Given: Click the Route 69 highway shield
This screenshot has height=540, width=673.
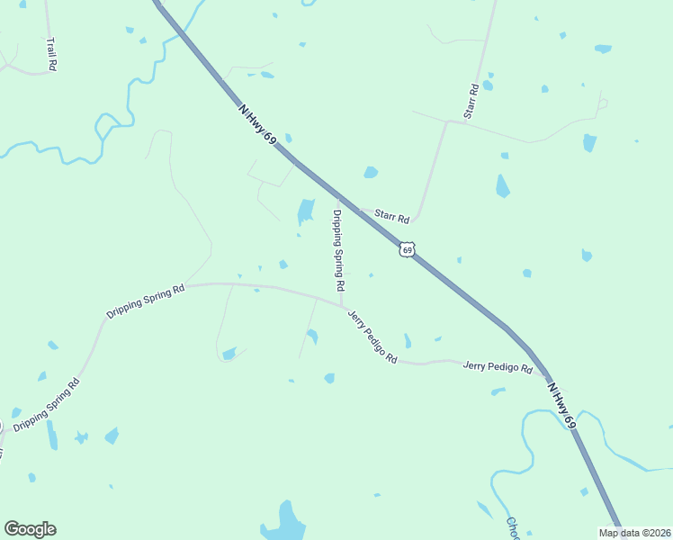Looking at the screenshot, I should click(x=408, y=249).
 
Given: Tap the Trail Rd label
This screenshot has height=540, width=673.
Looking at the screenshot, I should click(x=51, y=54).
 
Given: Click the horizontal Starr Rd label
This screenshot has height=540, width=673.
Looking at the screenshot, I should click(x=392, y=218).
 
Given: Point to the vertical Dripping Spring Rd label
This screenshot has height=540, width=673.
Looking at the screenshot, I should click(x=338, y=250).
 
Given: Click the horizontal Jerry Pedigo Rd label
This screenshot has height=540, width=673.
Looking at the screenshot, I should click(x=498, y=367).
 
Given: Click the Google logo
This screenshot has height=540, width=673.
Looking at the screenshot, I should click(x=30, y=529).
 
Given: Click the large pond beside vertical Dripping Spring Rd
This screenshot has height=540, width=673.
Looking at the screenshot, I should click(x=306, y=211).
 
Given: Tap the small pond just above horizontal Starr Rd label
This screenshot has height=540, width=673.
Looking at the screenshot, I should click(x=371, y=172).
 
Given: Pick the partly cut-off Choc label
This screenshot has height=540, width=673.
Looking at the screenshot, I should click(x=513, y=529).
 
